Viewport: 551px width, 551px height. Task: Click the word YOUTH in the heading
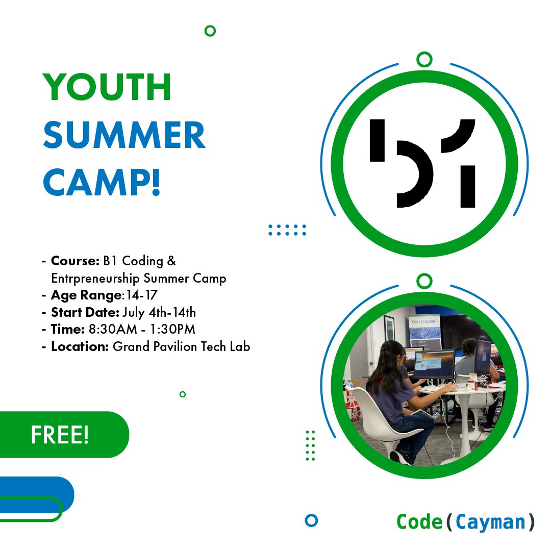(107, 87)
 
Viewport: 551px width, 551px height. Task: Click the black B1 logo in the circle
(422, 163)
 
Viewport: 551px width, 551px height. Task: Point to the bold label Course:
(74, 261)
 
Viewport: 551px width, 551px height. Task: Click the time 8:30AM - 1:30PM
(142, 330)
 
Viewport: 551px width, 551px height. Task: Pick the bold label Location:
(80, 347)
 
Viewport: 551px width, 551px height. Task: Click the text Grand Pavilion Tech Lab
(181, 347)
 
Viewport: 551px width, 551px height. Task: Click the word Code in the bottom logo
(419, 521)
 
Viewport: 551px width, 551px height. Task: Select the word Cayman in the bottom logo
(490, 521)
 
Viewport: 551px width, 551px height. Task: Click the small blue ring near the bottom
(311, 520)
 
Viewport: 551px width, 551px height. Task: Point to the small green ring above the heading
(210, 31)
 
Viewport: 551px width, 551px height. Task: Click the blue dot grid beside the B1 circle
(287, 230)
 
